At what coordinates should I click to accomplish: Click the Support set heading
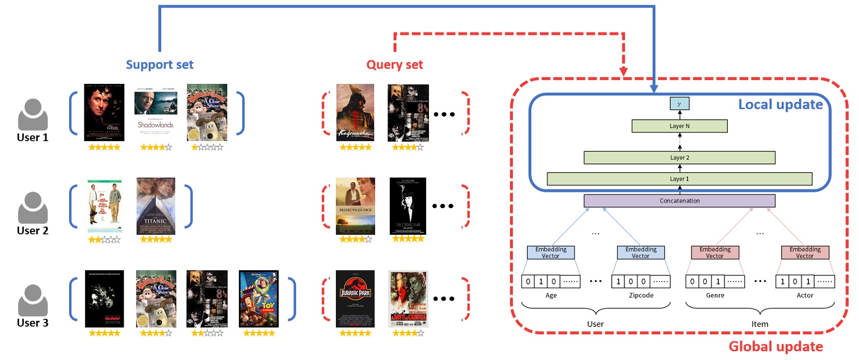pyautogui.click(x=159, y=65)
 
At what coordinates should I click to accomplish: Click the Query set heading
pyautogui.click(x=394, y=65)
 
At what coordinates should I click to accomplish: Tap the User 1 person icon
pyautogui.click(x=33, y=114)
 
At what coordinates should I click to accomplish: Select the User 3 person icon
pyautogui.click(x=33, y=300)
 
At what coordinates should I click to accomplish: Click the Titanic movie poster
pyautogui.click(x=156, y=206)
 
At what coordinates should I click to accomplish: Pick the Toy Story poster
pyautogui.click(x=259, y=298)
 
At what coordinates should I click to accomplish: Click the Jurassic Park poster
pyautogui.click(x=355, y=298)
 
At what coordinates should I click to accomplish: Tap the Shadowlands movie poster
pyautogui.click(x=156, y=112)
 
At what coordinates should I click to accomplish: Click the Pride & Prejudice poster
pyautogui.click(x=355, y=206)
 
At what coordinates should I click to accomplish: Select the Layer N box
pyautogui.click(x=679, y=126)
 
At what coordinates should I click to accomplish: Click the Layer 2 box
pyautogui.click(x=679, y=157)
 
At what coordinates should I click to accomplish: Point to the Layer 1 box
pyautogui.click(x=679, y=179)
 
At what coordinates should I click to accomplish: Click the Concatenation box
pyautogui.click(x=679, y=200)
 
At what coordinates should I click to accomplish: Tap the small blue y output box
pyautogui.click(x=679, y=103)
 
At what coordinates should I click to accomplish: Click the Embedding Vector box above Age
pyautogui.click(x=550, y=252)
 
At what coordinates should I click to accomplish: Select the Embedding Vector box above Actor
pyautogui.click(x=805, y=252)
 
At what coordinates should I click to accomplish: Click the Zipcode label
pyautogui.click(x=641, y=295)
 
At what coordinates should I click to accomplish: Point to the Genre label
pyautogui.click(x=715, y=295)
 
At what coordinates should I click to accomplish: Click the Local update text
pyautogui.click(x=780, y=105)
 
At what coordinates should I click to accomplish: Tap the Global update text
pyautogui.click(x=775, y=346)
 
